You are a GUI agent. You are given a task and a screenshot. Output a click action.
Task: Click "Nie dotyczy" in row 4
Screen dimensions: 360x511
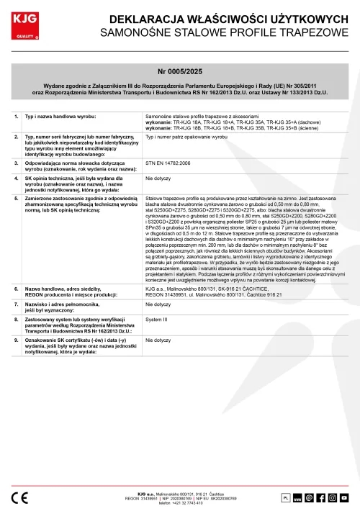pos(158,177)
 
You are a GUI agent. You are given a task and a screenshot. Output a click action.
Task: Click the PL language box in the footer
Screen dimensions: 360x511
pos(284,497)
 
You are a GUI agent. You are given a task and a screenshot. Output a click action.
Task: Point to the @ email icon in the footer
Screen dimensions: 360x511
pos(310,497)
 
